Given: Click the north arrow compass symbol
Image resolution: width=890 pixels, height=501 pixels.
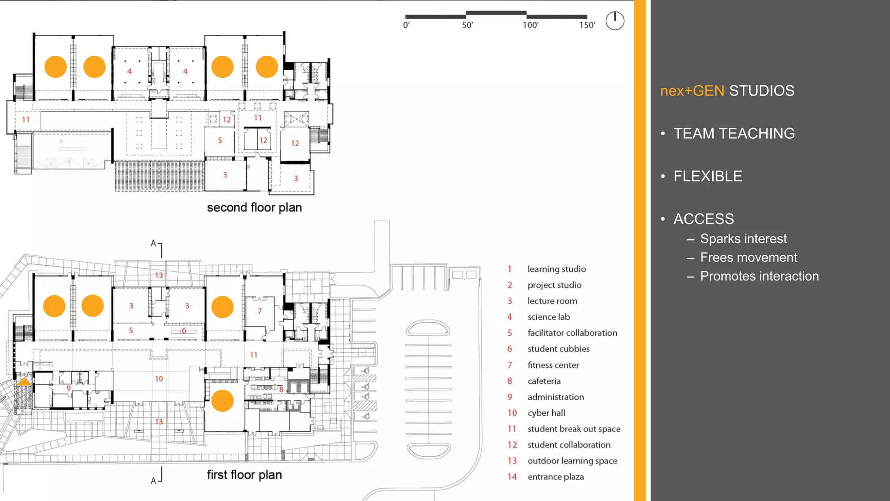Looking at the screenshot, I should [615, 20].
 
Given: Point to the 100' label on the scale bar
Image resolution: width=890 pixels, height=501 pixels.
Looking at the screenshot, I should [530, 25].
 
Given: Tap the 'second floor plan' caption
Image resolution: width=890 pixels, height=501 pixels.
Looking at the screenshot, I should [254, 207].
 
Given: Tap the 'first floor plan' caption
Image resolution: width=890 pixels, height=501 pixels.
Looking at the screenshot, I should [244, 474].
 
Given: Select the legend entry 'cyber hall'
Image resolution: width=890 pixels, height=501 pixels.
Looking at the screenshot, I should [546, 413].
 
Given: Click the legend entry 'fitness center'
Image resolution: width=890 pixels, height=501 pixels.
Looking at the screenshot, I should [553, 365].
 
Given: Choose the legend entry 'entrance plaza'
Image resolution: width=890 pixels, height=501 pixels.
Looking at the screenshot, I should [555, 477].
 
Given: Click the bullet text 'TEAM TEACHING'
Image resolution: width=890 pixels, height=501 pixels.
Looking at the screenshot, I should [734, 134].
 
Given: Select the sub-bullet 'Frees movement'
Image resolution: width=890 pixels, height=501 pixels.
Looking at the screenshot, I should [748, 257].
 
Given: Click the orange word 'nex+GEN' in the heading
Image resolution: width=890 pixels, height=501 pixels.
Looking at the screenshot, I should [692, 91].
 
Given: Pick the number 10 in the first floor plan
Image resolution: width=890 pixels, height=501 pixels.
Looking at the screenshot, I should [159, 379].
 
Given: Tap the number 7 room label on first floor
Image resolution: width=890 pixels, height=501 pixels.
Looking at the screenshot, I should [259, 311].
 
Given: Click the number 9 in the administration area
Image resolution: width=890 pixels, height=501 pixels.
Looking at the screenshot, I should [69, 388].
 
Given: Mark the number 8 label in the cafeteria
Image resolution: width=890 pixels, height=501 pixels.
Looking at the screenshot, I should [281, 390].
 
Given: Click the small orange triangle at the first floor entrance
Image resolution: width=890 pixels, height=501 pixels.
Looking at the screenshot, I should [23, 382].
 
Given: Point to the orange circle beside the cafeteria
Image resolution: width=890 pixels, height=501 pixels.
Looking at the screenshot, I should [222, 401].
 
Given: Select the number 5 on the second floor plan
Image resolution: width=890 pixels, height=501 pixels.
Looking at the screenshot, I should [220, 140].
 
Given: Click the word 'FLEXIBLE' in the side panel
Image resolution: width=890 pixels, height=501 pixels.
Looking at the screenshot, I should [707, 176].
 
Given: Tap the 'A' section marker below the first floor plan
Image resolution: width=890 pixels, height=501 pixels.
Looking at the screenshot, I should [153, 481].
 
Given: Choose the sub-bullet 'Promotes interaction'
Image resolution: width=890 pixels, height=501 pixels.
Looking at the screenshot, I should [759, 276].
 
